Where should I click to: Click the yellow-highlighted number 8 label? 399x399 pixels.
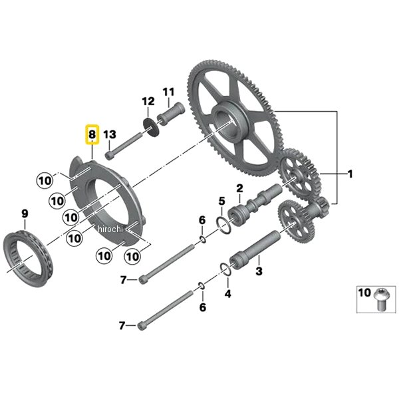(x=92, y=134)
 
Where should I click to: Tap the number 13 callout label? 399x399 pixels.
(x=110, y=134)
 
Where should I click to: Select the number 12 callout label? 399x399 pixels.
(x=148, y=102)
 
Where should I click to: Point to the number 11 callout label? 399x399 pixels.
(x=168, y=92)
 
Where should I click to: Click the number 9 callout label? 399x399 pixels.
(x=25, y=213)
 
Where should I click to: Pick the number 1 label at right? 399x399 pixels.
(x=350, y=174)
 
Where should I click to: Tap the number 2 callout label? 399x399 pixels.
(x=239, y=189)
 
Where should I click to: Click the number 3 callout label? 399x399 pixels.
(x=259, y=271)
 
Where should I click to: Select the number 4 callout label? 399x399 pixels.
(x=227, y=294)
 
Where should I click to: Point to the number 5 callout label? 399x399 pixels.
(x=222, y=201)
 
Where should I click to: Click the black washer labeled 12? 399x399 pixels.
(x=151, y=126)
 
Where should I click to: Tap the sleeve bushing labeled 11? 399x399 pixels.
(x=171, y=114)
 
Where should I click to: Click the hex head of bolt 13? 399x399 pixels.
(x=109, y=156)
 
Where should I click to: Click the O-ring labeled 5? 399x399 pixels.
(x=224, y=225)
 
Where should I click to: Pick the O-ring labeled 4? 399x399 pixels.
(x=225, y=269)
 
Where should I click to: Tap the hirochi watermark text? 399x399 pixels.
(x=110, y=229)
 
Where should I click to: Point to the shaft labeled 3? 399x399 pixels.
(x=255, y=249)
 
